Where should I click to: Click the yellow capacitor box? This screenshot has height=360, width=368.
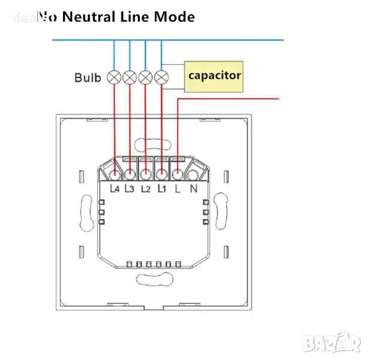[x=214, y=76]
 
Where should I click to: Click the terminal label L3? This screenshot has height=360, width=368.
[x=130, y=188]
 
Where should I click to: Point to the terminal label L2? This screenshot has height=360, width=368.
[x=146, y=188]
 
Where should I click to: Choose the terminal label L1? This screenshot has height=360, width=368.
[x=161, y=188]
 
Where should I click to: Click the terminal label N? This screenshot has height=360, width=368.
[x=194, y=188]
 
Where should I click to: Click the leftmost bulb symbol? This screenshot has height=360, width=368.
[x=114, y=77]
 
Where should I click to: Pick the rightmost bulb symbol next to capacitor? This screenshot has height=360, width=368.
[x=161, y=77]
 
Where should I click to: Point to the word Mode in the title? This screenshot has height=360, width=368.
[x=174, y=17]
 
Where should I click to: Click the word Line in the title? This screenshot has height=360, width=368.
[x=137, y=17]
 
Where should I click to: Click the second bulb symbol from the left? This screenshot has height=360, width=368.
[x=130, y=77]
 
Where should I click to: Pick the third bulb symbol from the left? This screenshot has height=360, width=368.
[x=145, y=77]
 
